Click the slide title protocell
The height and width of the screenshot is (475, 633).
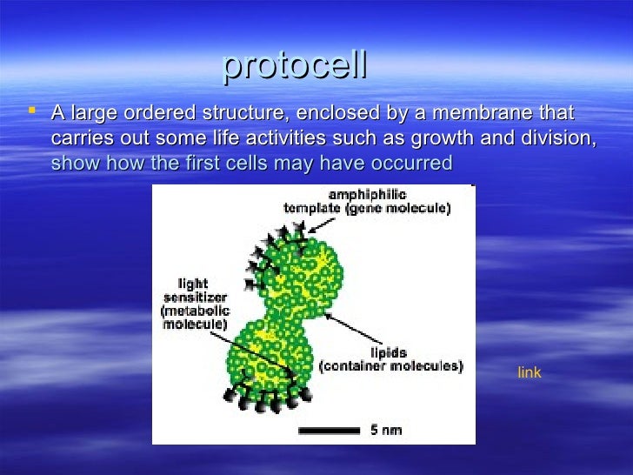tap(295, 66)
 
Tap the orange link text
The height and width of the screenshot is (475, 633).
tap(529, 372)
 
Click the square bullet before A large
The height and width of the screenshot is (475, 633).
tap(32, 110)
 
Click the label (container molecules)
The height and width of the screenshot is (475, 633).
tap(390, 367)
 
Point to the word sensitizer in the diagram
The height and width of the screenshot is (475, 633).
tap(193, 297)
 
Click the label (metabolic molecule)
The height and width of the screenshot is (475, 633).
tap(193, 317)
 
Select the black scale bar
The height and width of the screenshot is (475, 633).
tap(329, 430)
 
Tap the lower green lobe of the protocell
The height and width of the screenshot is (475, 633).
tap(275, 354)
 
